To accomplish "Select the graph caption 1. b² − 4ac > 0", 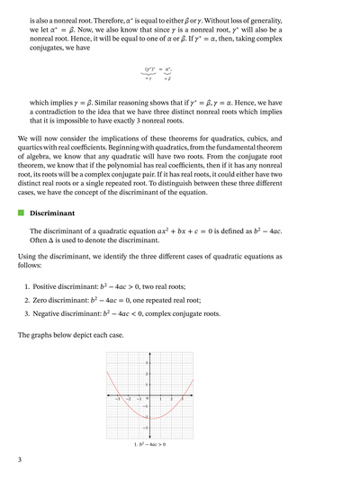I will point(150,445).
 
